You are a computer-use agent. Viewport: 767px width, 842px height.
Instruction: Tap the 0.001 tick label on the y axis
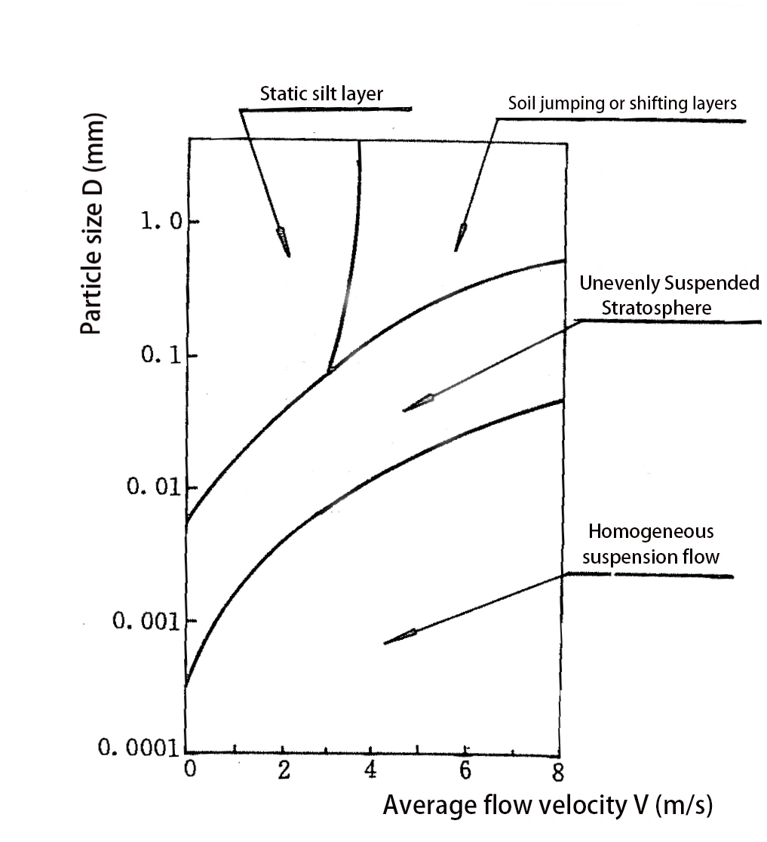click(143, 621)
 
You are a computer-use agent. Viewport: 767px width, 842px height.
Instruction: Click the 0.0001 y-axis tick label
click(138, 750)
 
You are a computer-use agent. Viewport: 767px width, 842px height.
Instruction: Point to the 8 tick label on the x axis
click(559, 773)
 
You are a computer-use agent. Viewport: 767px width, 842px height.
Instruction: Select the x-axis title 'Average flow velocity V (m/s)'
click(548, 805)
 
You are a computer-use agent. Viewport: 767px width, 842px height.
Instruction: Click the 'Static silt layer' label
click(322, 94)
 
